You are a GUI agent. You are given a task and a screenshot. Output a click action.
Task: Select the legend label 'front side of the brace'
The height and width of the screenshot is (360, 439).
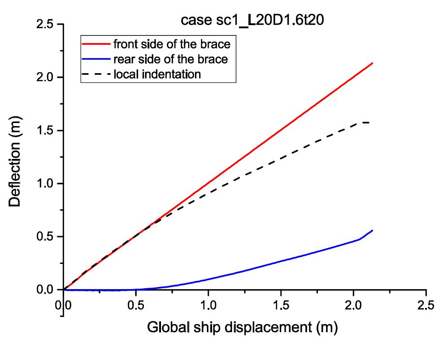click(174, 44)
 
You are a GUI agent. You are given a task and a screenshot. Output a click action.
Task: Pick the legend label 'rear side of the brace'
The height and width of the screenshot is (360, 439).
click(171, 59)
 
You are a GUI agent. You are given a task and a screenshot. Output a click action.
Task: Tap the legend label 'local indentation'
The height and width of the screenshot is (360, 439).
click(157, 74)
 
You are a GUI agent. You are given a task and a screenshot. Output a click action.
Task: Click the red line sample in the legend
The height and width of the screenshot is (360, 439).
click(96, 44)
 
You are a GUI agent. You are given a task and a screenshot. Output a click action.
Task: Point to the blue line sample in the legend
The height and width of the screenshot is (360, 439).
click(96, 59)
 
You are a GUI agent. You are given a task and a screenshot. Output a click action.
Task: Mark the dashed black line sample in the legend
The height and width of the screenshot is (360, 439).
click(96, 74)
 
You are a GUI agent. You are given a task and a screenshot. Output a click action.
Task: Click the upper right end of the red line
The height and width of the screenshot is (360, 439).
click(373, 63)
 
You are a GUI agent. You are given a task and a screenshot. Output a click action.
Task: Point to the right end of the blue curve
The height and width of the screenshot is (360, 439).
click(373, 230)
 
